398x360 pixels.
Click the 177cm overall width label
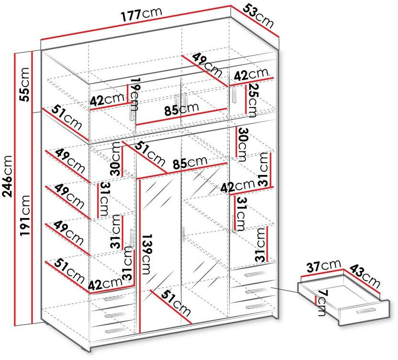click(x=141, y=14)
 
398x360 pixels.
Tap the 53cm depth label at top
click(x=258, y=16)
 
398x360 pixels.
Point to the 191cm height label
click(x=25, y=216)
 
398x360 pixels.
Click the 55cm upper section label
click(x=24, y=84)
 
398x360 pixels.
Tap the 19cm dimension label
click(x=135, y=95)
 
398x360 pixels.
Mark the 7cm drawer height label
click(x=322, y=303)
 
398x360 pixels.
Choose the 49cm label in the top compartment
click(x=207, y=65)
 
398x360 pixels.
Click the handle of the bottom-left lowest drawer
click(x=113, y=330)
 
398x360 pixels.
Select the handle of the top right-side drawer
click(x=254, y=273)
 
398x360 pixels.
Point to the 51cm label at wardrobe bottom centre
click(x=176, y=303)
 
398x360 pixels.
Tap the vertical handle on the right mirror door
click(x=183, y=234)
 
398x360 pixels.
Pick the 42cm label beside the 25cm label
click(x=251, y=74)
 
